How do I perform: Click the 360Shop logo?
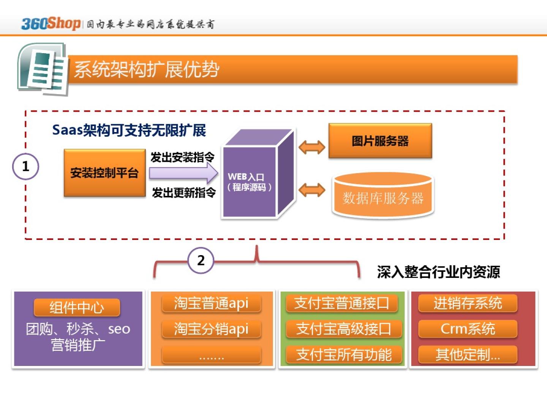click(51, 24)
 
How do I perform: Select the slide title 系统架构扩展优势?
click(147, 69)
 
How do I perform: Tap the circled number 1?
click(25, 166)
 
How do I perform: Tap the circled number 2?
click(201, 260)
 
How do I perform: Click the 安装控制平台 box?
click(104, 173)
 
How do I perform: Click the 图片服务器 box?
click(380, 141)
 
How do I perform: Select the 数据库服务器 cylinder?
click(383, 197)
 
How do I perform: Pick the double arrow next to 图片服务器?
click(312, 147)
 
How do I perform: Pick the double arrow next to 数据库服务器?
click(312, 190)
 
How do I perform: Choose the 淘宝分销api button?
click(211, 329)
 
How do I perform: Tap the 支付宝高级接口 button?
click(343, 329)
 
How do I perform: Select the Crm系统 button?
click(468, 329)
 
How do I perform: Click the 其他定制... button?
click(468, 355)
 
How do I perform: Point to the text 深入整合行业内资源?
click(438, 272)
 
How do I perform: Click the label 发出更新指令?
click(184, 193)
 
